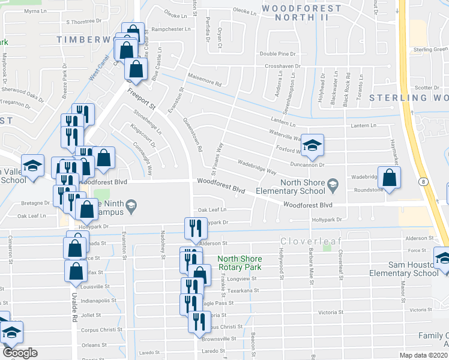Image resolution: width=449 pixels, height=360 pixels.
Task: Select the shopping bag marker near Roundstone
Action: (390, 178)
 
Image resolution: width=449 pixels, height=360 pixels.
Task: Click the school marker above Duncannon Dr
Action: (312, 145)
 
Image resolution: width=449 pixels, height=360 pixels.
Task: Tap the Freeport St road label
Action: (142, 99)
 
